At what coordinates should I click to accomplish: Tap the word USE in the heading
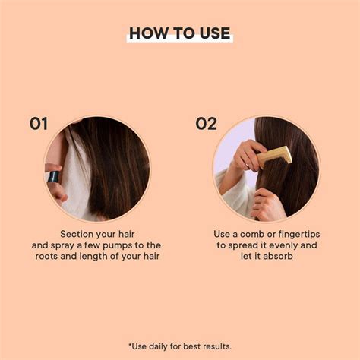click(213, 33)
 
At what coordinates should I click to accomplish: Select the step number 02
click(206, 124)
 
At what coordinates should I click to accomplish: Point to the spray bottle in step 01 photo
click(53, 177)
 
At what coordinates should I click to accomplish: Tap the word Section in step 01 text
click(81, 234)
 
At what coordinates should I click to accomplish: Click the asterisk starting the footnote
click(131, 345)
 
